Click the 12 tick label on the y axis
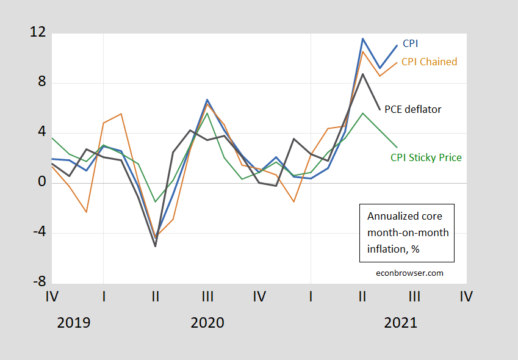[37, 33]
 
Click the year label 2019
[73, 323]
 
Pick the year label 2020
[207, 323]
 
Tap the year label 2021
[400, 323]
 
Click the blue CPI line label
[411, 44]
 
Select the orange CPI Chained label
[429, 62]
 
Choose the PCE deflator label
[412, 109]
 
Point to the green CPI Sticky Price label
[426, 157]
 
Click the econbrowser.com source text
[409, 273]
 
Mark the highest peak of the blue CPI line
[362, 38]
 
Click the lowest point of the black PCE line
[156, 246]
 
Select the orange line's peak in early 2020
[121, 113]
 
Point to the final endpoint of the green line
[397, 147]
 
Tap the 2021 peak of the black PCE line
[362, 74]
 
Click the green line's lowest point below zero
[156, 201]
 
